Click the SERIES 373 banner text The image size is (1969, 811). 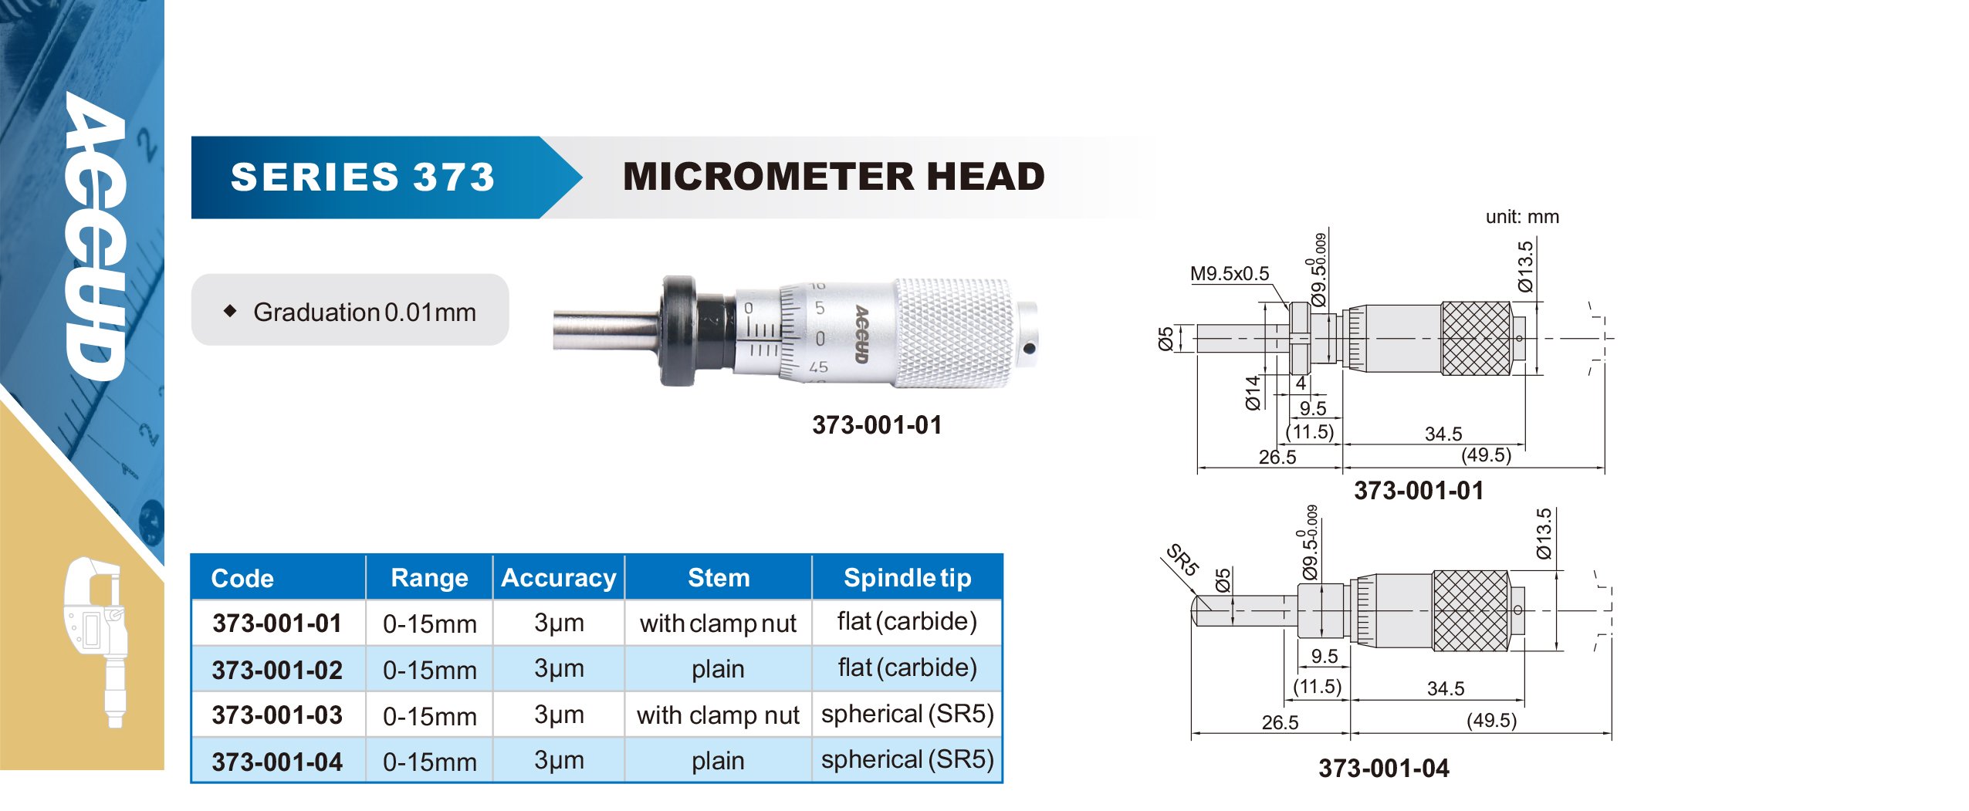(x=362, y=177)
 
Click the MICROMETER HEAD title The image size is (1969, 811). (x=834, y=177)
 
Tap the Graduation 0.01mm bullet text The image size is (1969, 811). (x=364, y=312)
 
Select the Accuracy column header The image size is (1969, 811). (x=559, y=578)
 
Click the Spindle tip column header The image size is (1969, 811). (x=908, y=578)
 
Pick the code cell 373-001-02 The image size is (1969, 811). (x=277, y=670)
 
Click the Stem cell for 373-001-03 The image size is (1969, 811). (x=718, y=715)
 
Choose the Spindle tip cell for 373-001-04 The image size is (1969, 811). (x=908, y=760)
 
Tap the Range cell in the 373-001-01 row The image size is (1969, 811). (x=430, y=623)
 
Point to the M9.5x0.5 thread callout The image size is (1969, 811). (x=1230, y=273)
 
